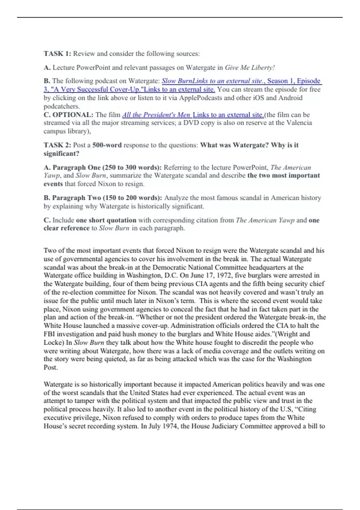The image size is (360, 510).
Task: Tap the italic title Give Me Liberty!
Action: pyautogui.click(x=250, y=68)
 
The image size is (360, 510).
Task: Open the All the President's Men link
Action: pyautogui.click(x=156, y=115)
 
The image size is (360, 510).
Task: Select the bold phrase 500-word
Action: pyautogui.click(x=107, y=145)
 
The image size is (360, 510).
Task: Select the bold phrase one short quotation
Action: pyautogui.click(x=106, y=220)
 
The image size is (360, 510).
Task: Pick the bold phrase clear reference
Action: pyautogui.click(x=66, y=228)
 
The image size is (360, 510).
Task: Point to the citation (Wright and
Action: pyautogui.click(x=292, y=334)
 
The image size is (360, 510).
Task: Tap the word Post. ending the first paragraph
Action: pyautogui.click(x=50, y=367)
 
